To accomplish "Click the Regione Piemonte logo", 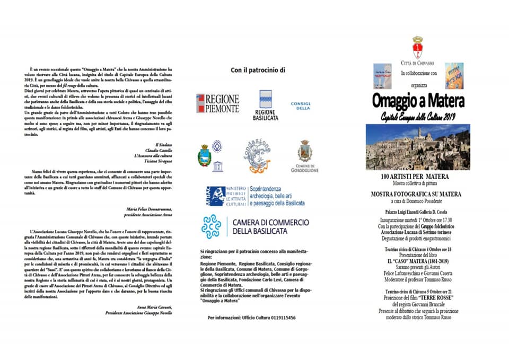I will click(218, 103).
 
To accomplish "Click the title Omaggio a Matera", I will click(418, 101).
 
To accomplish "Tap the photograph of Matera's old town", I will click(418, 147).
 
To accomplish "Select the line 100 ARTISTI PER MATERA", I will click(415, 176).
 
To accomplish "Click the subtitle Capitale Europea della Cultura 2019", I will click(418, 116).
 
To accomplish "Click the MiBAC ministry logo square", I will click(215, 196).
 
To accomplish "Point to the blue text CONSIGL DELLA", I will click(301, 106).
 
